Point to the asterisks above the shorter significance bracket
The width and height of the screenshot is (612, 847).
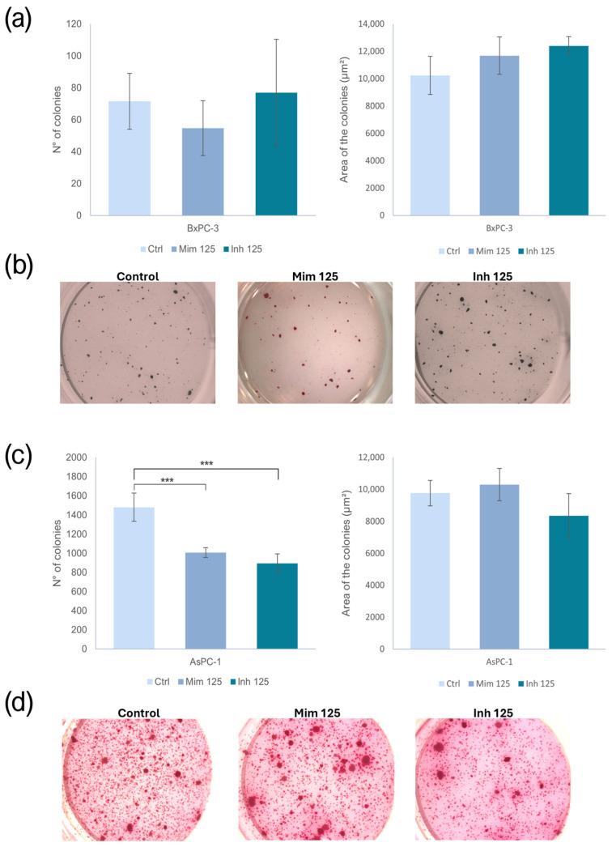click(168, 480)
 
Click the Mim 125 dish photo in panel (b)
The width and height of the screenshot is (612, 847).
click(314, 343)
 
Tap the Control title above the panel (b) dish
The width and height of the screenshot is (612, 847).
click(138, 276)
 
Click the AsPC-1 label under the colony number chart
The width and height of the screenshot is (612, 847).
click(202, 662)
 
